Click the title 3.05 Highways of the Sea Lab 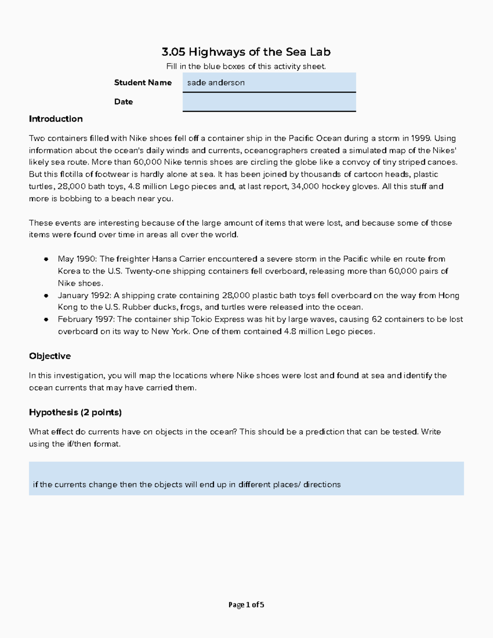(x=246, y=52)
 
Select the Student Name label (x=143, y=83)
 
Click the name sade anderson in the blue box (x=216, y=83)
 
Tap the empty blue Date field (x=269, y=102)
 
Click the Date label (x=123, y=102)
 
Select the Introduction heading (x=55, y=119)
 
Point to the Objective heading (x=50, y=356)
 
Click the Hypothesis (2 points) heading (x=75, y=412)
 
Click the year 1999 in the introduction (x=421, y=138)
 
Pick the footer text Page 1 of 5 (x=246, y=605)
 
